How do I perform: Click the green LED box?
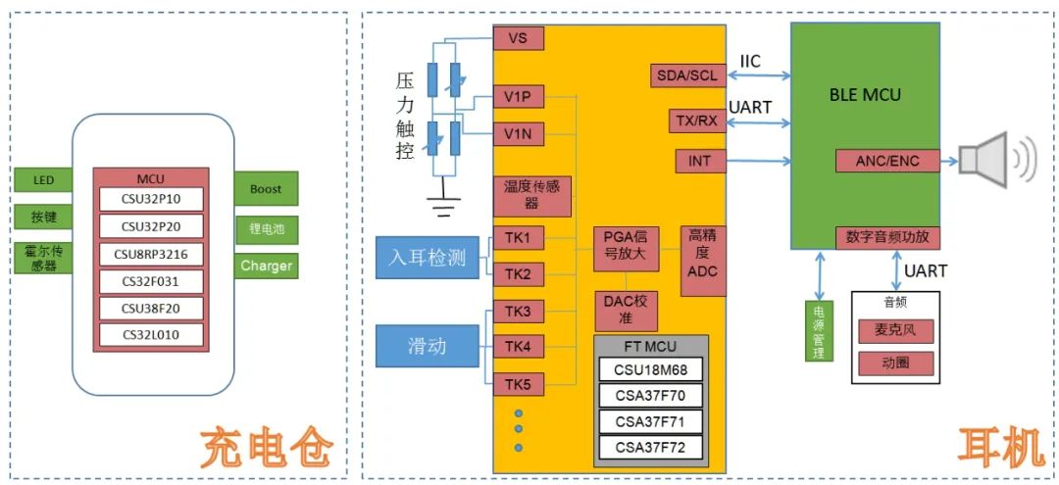pyautogui.click(x=44, y=180)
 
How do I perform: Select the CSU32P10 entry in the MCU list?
pyautogui.click(x=150, y=200)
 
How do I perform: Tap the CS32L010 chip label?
pyautogui.click(x=150, y=335)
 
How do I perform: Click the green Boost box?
pyautogui.click(x=266, y=189)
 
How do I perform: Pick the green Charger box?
pyautogui.click(x=266, y=266)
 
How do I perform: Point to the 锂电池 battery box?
pyautogui.click(x=266, y=229)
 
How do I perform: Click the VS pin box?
pyautogui.click(x=519, y=38)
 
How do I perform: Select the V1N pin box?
pyautogui.click(x=519, y=133)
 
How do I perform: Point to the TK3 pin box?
pyautogui.click(x=519, y=312)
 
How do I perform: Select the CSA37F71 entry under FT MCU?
pyautogui.click(x=650, y=422)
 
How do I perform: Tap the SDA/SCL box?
pyautogui.click(x=687, y=75)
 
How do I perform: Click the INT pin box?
pyautogui.click(x=700, y=160)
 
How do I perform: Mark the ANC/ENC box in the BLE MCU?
pyautogui.click(x=887, y=161)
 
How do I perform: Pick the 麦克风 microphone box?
pyautogui.click(x=895, y=331)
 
